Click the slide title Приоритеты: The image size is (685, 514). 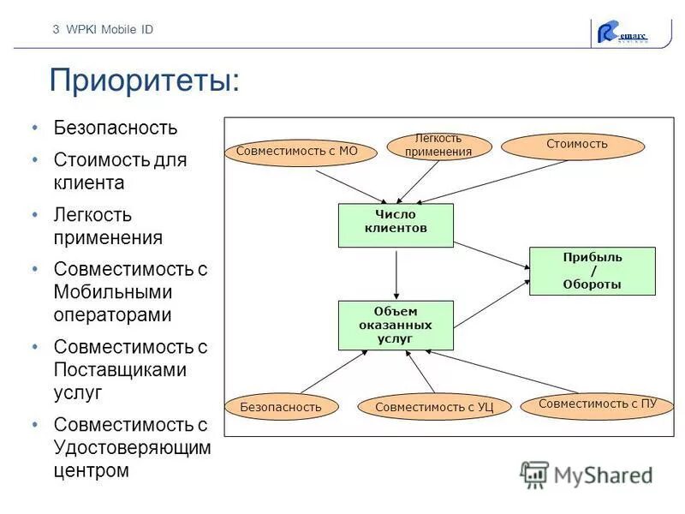click(x=144, y=81)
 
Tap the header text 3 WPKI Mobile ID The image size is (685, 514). click(x=103, y=29)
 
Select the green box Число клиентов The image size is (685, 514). click(x=396, y=224)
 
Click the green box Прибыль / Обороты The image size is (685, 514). click(x=592, y=271)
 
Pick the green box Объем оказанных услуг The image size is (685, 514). click(x=396, y=326)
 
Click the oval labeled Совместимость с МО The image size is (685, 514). click(x=290, y=152)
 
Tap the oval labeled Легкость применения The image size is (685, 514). click(x=438, y=146)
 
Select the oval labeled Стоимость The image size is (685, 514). click(x=572, y=145)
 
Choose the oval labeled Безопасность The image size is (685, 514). click(x=281, y=407)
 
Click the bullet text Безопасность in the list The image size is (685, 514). click(x=116, y=128)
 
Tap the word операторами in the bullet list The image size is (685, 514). click(x=112, y=314)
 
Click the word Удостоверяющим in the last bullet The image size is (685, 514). click(x=132, y=447)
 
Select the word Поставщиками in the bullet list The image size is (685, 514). click(x=120, y=370)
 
